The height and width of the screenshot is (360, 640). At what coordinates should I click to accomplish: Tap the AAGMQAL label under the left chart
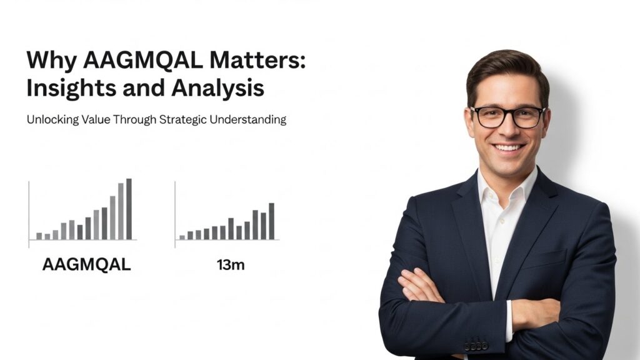coord(86,264)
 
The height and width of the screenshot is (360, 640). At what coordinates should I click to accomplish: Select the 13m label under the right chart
coord(230,265)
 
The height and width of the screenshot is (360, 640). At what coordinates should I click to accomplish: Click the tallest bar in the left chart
coord(129,209)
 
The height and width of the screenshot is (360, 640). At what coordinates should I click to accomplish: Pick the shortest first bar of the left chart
coord(39,236)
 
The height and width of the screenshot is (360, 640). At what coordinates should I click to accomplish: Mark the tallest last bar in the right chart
coord(271,221)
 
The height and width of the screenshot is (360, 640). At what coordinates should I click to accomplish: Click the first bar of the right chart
coord(182,237)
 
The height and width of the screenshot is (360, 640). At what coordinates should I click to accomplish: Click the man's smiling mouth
coord(507,148)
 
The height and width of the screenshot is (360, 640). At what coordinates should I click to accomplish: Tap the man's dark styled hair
coord(506,72)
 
